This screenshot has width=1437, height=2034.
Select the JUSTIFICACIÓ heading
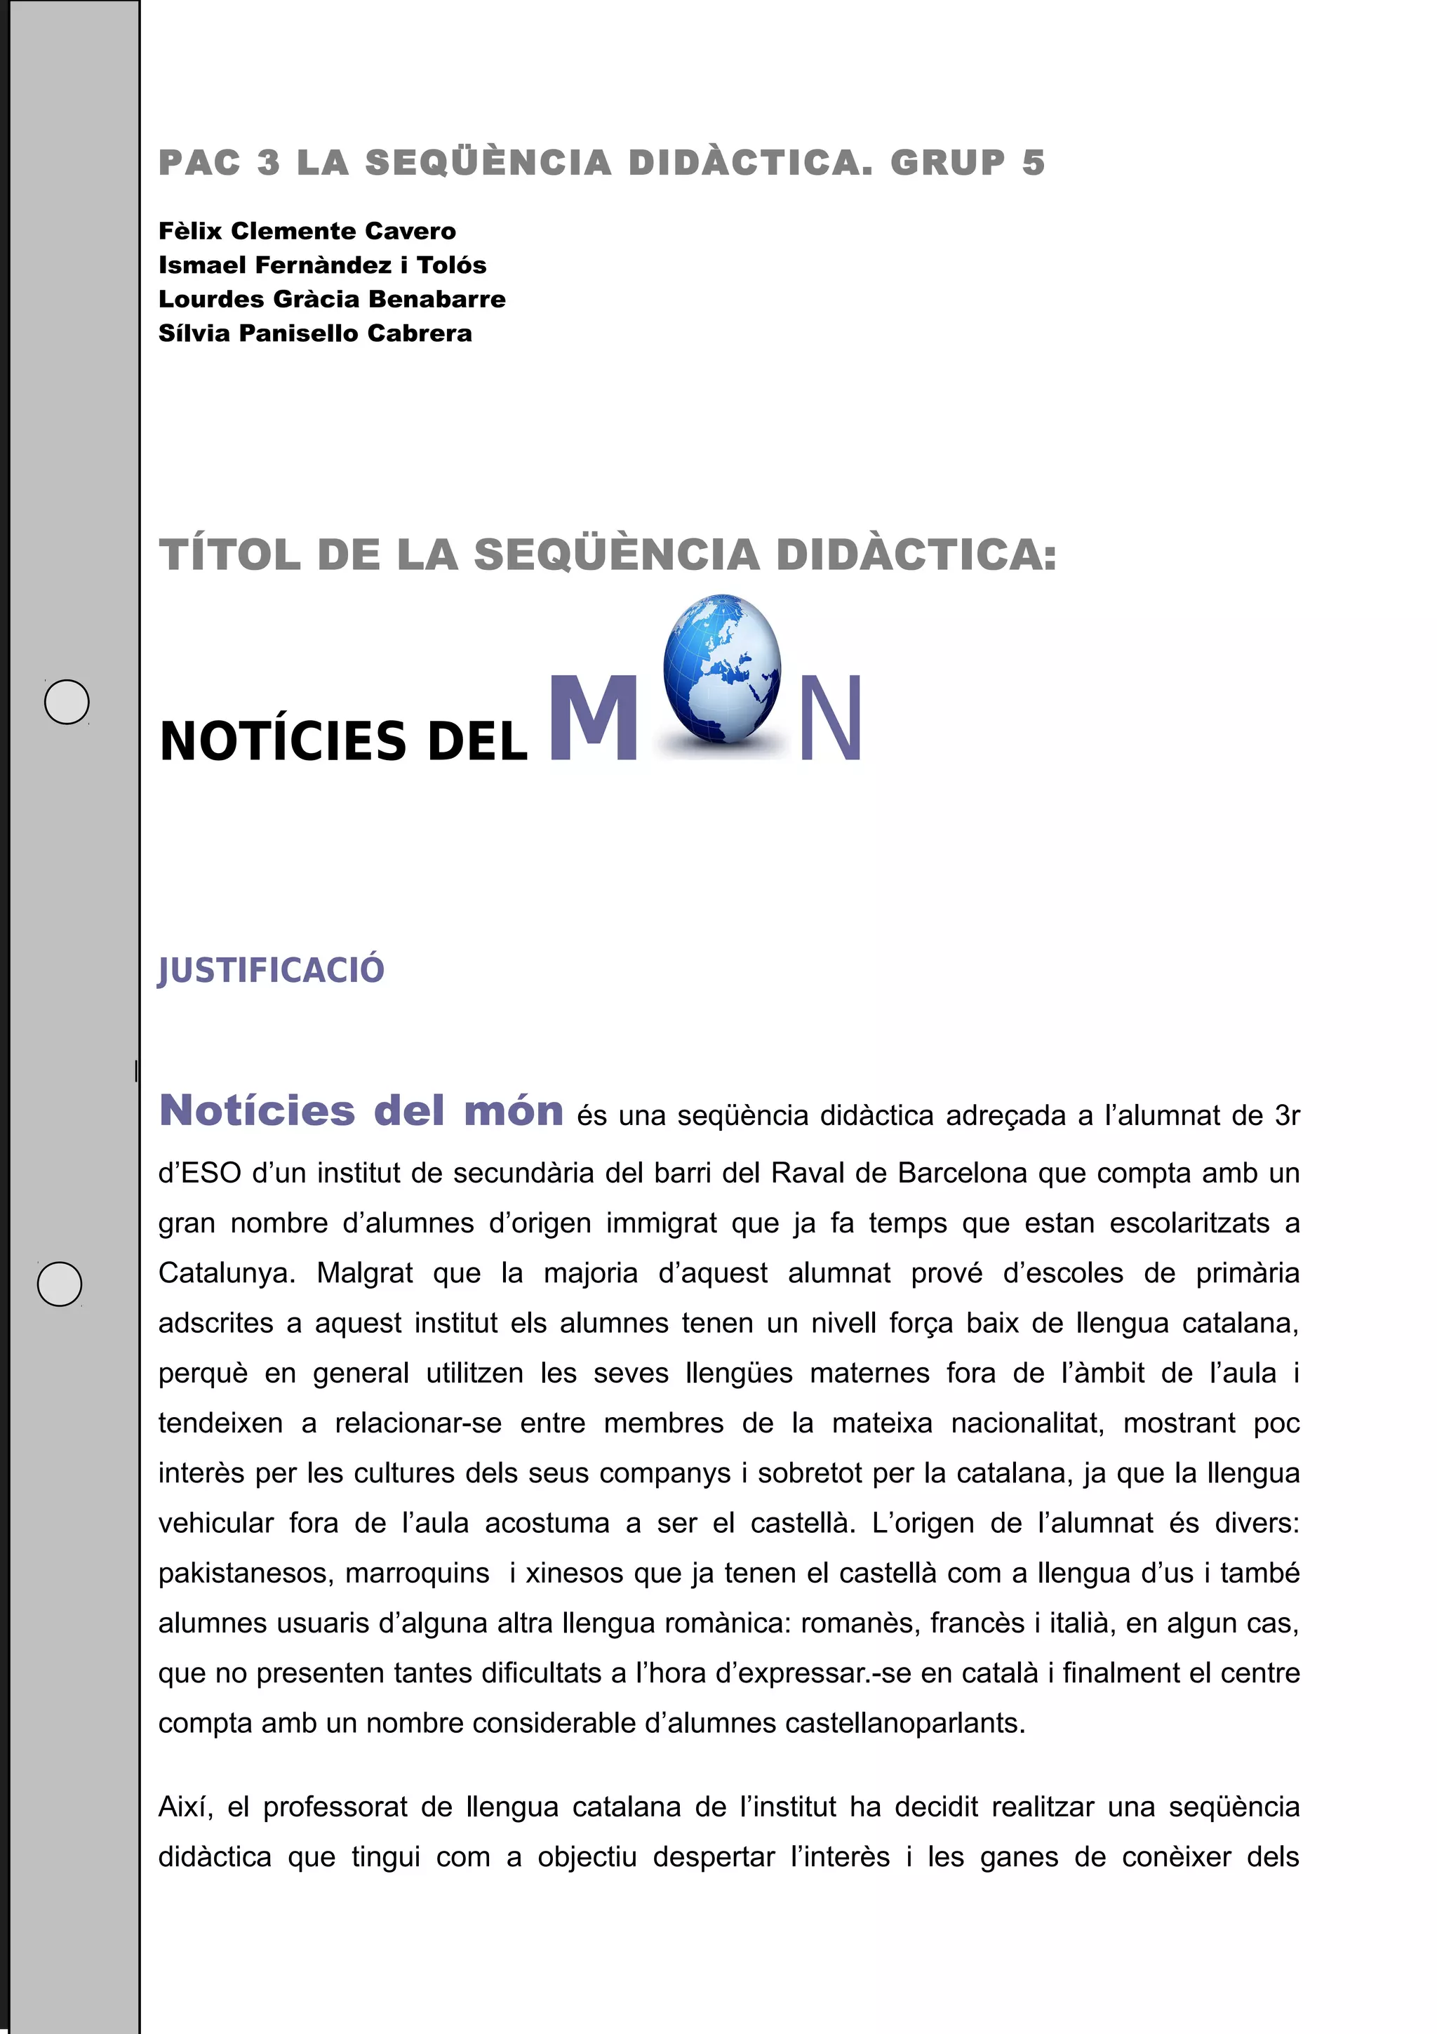(271, 970)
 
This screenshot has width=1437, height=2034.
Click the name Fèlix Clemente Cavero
(307, 231)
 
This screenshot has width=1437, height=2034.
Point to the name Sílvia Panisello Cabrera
(315, 333)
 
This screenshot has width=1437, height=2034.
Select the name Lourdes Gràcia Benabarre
(332, 300)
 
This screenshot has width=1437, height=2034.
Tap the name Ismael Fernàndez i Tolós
(322, 265)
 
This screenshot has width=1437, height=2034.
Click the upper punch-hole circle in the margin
(67, 703)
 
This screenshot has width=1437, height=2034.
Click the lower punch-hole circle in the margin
(60, 1284)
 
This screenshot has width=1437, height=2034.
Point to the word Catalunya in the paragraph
(226, 1273)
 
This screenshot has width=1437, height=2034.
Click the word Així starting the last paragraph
(186, 1807)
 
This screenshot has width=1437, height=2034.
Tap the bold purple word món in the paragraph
(514, 1111)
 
